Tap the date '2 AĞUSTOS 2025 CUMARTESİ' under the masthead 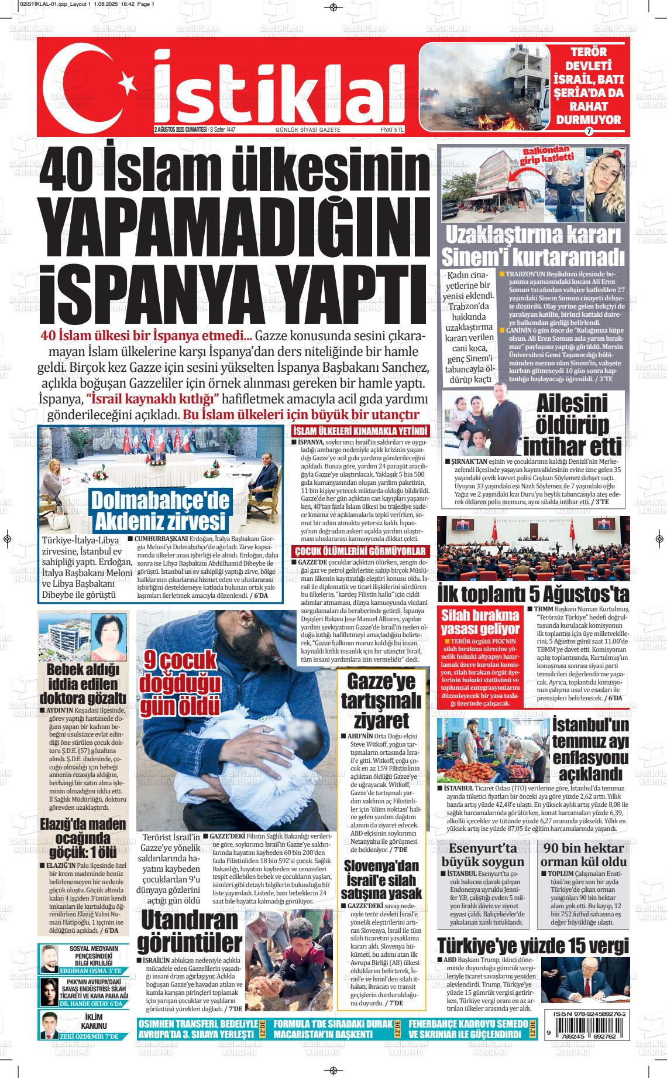pos(181,129)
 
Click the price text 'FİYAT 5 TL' pos(392,129)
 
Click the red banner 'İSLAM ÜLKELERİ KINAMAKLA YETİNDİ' pos(360,432)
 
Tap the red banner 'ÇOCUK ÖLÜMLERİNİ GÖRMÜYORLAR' pos(360,551)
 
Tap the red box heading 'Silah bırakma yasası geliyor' pos(480,622)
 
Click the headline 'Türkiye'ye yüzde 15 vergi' pos(533,945)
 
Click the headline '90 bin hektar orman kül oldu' pos(583,855)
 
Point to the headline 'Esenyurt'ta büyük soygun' pos(483,855)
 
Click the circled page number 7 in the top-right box pos(589,131)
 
